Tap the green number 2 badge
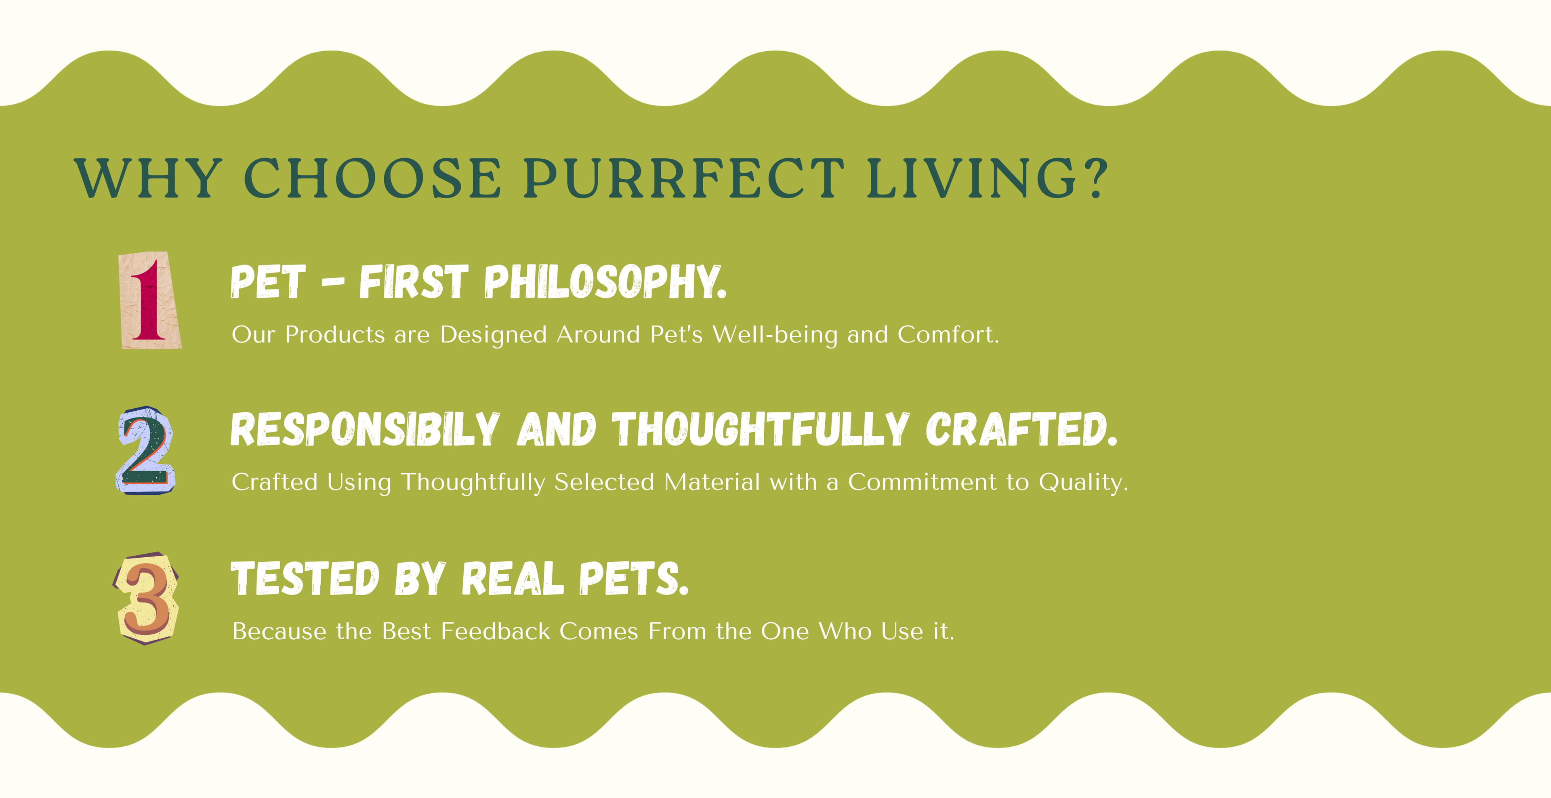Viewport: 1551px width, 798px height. pyautogui.click(x=146, y=450)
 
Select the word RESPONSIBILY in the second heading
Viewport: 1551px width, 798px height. pyautogui.click(x=365, y=429)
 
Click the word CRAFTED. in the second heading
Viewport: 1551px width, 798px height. pyautogui.click(x=1022, y=429)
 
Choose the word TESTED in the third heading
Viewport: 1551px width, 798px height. pyautogui.click(x=305, y=578)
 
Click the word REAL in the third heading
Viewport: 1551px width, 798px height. pyautogui.click(x=513, y=578)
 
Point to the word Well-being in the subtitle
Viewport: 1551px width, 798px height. pyautogui.click(x=775, y=335)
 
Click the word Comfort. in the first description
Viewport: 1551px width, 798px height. pyautogui.click(x=948, y=335)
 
